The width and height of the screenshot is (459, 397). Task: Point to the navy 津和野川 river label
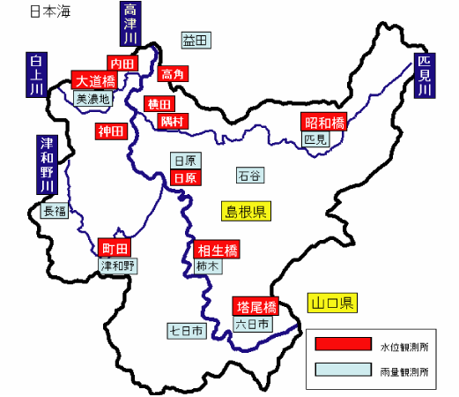click(47, 165)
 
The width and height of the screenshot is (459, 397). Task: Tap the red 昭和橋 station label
click(324, 122)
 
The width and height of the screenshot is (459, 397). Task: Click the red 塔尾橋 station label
click(257, 307)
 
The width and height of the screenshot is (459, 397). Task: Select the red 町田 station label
click(115, 248)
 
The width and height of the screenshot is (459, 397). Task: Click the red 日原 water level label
click(185, 177)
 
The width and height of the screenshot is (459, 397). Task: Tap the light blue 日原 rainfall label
click(185, 161)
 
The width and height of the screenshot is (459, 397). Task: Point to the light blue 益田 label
click(195, 41)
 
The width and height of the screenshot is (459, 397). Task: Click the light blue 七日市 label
click(187, 331)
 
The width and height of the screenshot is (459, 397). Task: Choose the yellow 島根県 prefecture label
click(246, 211)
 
